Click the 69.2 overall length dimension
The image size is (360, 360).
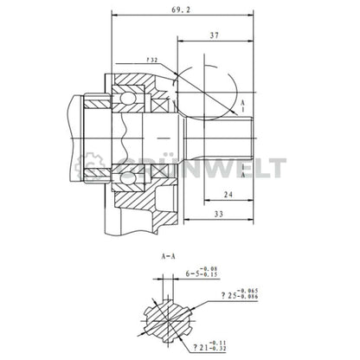coord(181,10)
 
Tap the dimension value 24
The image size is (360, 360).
coord(227,195)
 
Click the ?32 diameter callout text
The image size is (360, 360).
coord(152,61)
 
